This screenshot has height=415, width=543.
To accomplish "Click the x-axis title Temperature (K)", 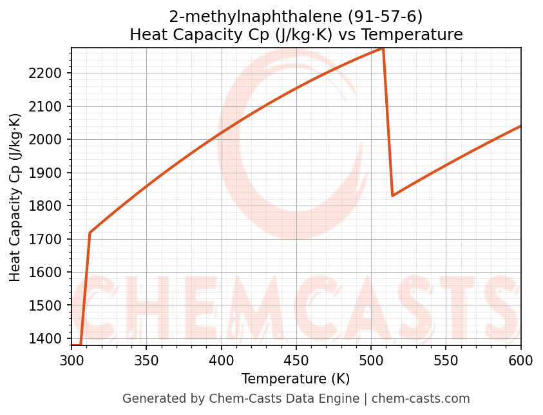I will [x=296, y=379].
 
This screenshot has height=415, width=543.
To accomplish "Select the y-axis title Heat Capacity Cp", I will [x=15, y=197].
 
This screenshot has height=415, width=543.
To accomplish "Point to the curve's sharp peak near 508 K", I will [x=383, y=48].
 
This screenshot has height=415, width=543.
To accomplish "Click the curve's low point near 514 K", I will [x=392, y=195].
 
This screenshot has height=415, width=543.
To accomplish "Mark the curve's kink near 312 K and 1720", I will [x=90, y=233].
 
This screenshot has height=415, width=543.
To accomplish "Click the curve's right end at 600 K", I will [x=520, y=126].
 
